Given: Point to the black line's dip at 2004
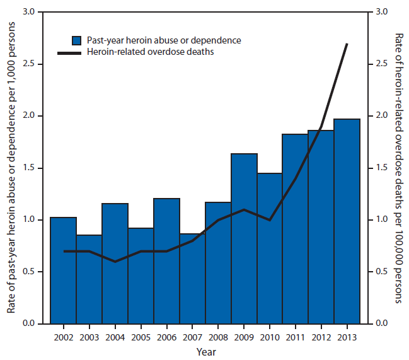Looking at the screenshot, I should pyautogui.click(x=115, y=262).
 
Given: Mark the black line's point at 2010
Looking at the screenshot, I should pyautogui.click(x=270, y=220).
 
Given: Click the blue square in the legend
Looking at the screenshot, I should pyautogui.click(x=76, y=40).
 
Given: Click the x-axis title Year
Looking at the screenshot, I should pyautogui.click(x=205, y=351).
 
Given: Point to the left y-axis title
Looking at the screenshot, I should pyautogui.click(x=11, y=168).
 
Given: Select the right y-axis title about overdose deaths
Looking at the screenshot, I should pyautogui.click(x=399, y=168).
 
